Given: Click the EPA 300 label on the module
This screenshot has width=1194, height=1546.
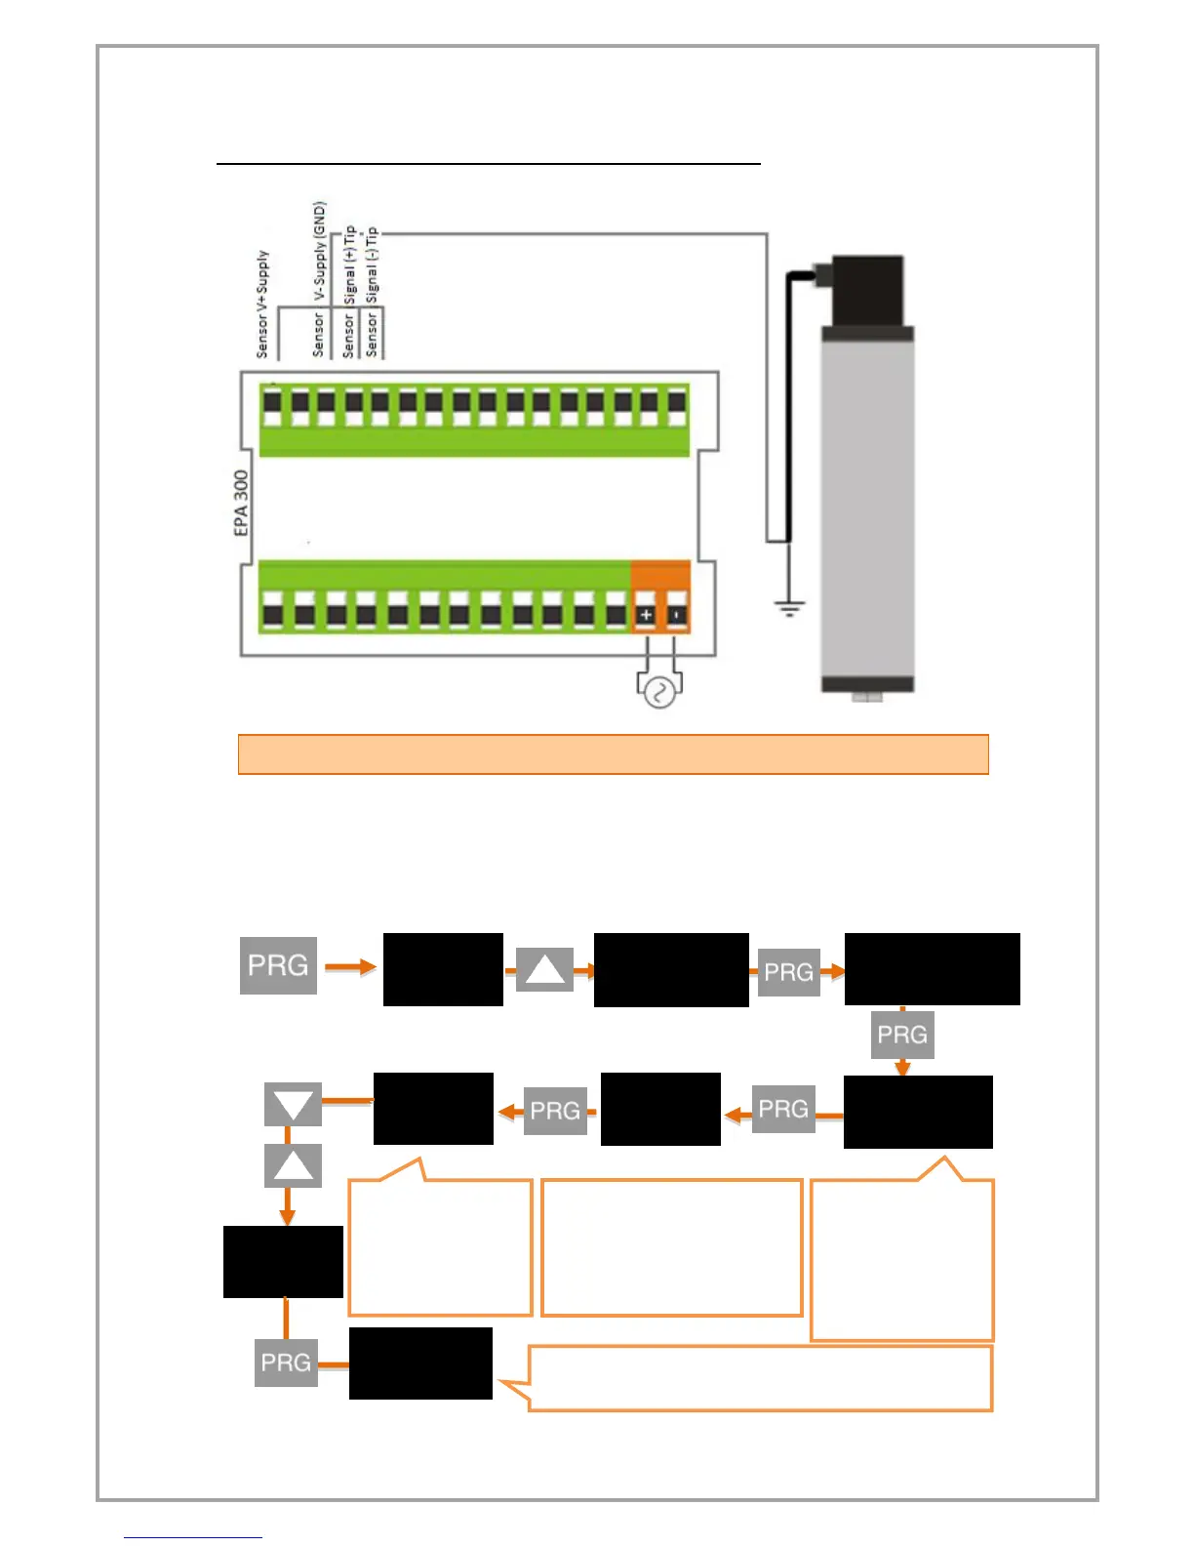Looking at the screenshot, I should tap(241, 503).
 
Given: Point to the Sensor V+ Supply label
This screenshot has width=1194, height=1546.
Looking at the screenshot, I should tap(261, 304).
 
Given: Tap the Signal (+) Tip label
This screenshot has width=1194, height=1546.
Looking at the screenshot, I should tap(349, 266).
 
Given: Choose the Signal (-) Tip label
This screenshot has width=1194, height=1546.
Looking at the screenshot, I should tap(372, 266).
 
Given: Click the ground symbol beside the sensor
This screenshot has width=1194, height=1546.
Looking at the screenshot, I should tap(789, 609).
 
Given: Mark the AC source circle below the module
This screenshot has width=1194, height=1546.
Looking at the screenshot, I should tap(658, 693).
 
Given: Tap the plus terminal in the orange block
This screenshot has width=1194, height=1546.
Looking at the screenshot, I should tap(646, 615).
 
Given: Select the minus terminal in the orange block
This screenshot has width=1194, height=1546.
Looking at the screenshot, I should tap(677, 615).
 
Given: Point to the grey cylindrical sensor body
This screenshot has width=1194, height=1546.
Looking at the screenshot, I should tap(867, 508).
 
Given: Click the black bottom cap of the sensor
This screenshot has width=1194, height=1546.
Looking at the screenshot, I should tap(867, 684).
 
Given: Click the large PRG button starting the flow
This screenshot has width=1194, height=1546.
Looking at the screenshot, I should tap(278, 965).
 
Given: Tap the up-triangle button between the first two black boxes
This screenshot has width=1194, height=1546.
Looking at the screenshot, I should tap(544, 970).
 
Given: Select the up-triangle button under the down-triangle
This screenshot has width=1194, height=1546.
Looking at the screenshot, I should tap(293, 1165).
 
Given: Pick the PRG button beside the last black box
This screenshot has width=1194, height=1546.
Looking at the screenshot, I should tap(286, 1363).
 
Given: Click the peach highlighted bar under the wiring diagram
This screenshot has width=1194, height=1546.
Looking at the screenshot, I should tap(613, 754).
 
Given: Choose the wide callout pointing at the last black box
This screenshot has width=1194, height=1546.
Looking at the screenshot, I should tap(759, 1378).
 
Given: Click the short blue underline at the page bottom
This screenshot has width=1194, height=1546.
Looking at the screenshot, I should tap(192, 1537).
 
